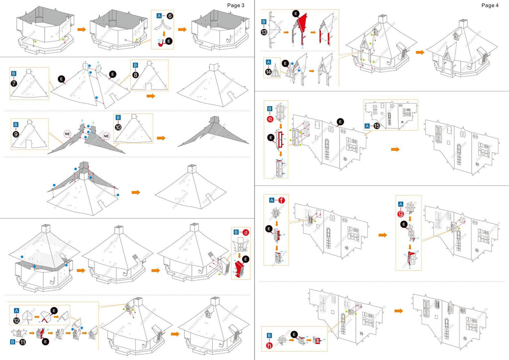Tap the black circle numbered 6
pos(170,16)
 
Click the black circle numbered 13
pos(263,31)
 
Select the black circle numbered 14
pos(269,71)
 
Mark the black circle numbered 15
pos(377,126)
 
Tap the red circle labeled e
pos(270,118)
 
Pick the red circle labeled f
pos(282,200)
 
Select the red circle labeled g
pos(401,214)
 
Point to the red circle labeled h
pos(269,345)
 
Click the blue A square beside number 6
pos(160,16)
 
